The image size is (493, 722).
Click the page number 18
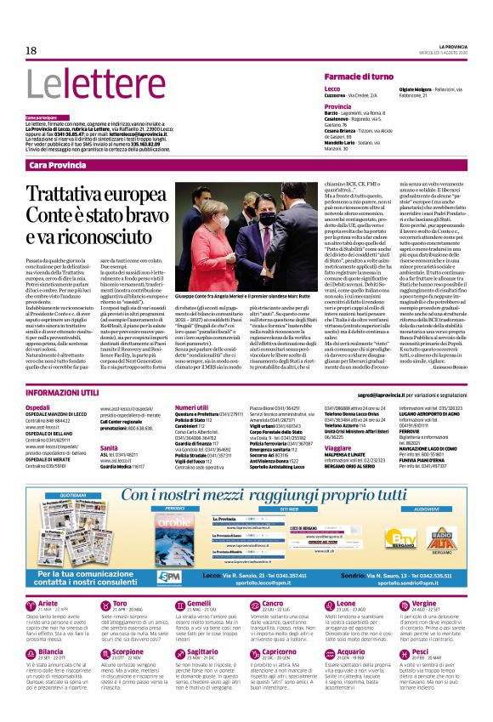click(31, 50)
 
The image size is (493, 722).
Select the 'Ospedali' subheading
click(37, 408)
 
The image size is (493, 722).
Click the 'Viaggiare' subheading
click(338, 446)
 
